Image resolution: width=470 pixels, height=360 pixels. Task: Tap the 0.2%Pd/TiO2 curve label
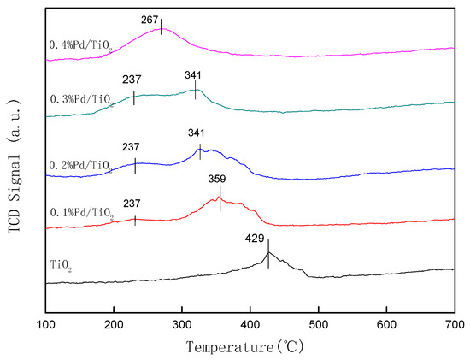pyautogui.click(x=82, y=165)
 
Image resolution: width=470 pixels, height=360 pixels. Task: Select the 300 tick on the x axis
pyautogui.click(x=182, y=324)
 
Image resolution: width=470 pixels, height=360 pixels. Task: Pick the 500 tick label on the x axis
pyautogui.click(x=318, y=324)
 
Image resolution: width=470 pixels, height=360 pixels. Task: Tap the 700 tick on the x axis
pyautogui.click(x=454, y=324)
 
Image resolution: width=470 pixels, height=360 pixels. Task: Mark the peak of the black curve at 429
pyautogui.click(x=269, y=252)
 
